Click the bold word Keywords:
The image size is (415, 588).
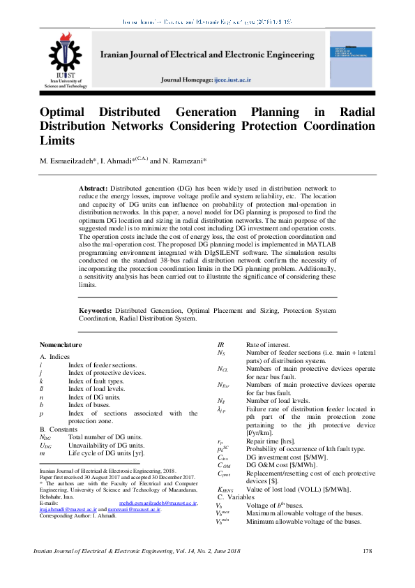coord(96,309)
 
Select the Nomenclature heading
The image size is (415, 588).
coord(61,345)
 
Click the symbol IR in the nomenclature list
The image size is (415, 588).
coord(221,345)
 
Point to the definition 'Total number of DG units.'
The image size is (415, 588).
coord(105,436)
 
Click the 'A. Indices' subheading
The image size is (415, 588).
coord(54,357)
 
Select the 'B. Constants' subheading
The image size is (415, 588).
coord(59,429)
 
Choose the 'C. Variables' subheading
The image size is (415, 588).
coord(236,496)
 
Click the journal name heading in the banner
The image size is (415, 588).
coord(206,54)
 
